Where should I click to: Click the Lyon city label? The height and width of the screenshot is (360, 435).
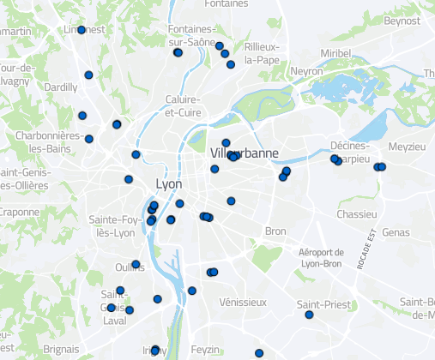169,184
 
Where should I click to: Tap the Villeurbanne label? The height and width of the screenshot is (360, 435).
242,153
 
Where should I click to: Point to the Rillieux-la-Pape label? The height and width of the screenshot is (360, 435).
262,52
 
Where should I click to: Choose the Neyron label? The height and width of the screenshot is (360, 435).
306,72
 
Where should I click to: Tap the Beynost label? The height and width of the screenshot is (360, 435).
402,21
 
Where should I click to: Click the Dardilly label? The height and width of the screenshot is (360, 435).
59,87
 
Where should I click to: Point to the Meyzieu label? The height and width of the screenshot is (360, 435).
407,147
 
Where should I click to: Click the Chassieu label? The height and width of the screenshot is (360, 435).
358,213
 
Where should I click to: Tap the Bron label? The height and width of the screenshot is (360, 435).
275,231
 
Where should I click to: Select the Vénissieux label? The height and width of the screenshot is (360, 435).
242,302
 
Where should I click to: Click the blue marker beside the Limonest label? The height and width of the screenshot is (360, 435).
82,30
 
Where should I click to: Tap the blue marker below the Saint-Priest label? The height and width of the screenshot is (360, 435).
309,315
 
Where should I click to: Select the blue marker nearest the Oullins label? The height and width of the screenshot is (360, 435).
136,264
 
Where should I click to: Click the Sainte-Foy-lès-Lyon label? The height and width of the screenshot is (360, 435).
115,226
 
